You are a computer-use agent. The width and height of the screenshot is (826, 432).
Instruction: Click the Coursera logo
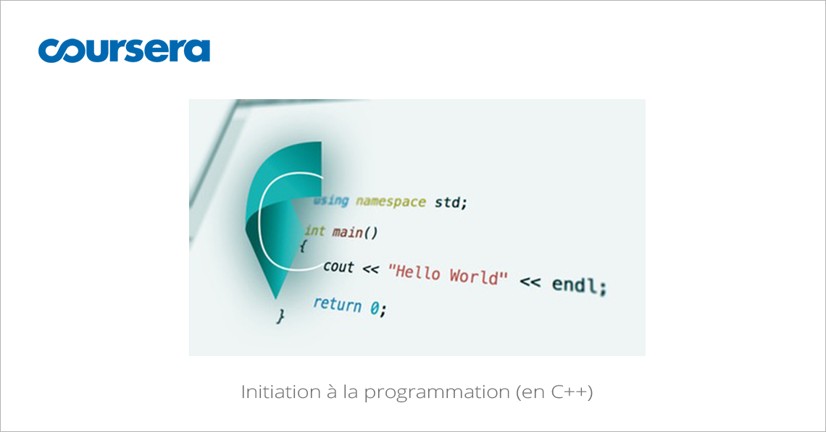124,50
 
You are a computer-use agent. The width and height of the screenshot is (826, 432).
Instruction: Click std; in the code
451,203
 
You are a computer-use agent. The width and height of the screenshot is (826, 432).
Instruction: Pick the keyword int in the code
315,231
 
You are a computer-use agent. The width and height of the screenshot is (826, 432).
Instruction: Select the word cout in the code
338,267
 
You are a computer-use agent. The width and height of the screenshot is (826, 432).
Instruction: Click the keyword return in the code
337,304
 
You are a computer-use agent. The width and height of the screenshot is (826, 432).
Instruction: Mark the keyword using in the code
330,200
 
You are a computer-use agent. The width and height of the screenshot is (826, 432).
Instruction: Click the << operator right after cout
371,270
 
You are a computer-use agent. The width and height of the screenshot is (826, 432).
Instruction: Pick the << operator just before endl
530,281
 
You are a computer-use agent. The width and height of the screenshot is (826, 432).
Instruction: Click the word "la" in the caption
349,393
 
